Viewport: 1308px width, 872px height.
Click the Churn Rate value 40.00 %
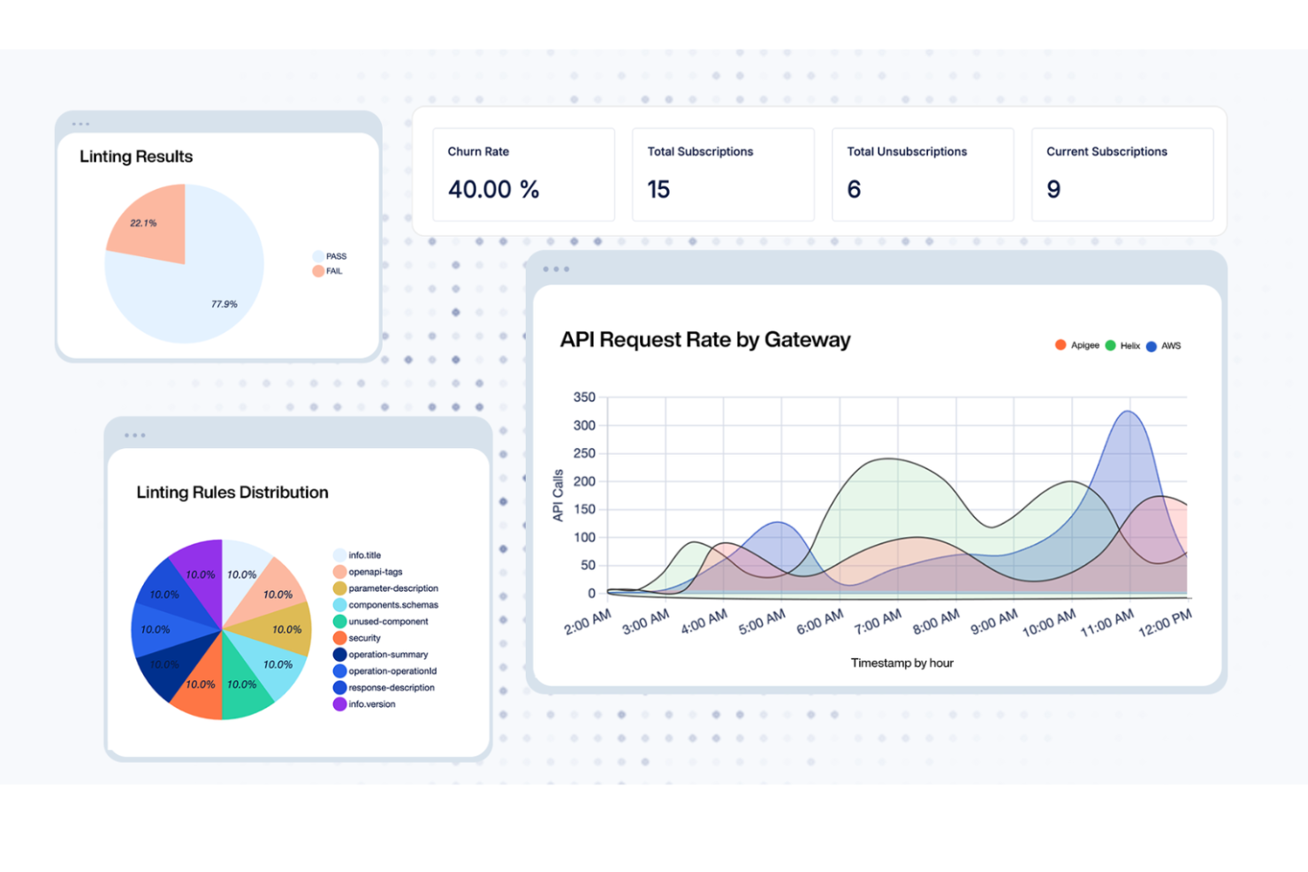pos(493,189)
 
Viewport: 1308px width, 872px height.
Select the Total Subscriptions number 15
pos(658,189)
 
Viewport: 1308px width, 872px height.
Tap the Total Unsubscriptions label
pos(907,152)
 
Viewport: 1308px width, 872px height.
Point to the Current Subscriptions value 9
pos(1053,189)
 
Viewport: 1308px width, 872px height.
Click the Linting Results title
pos(136,156)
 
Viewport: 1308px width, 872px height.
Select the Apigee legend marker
pos(1061,345)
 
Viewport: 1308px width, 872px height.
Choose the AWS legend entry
pos(1165,345)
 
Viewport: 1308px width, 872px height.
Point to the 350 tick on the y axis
pos(584,398)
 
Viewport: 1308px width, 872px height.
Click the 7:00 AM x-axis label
pos(878,622)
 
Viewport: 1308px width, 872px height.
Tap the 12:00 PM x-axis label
pos(1165,622)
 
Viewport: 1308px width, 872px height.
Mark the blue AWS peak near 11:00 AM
pos(1129,413)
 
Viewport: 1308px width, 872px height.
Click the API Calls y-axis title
pos(558,496)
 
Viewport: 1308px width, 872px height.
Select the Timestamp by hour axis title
pos(901,663)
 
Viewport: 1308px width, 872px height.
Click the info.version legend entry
pos(365,704)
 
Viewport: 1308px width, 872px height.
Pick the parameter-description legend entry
pos(386,588)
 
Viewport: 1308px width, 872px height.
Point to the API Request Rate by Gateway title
pos(704,340)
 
